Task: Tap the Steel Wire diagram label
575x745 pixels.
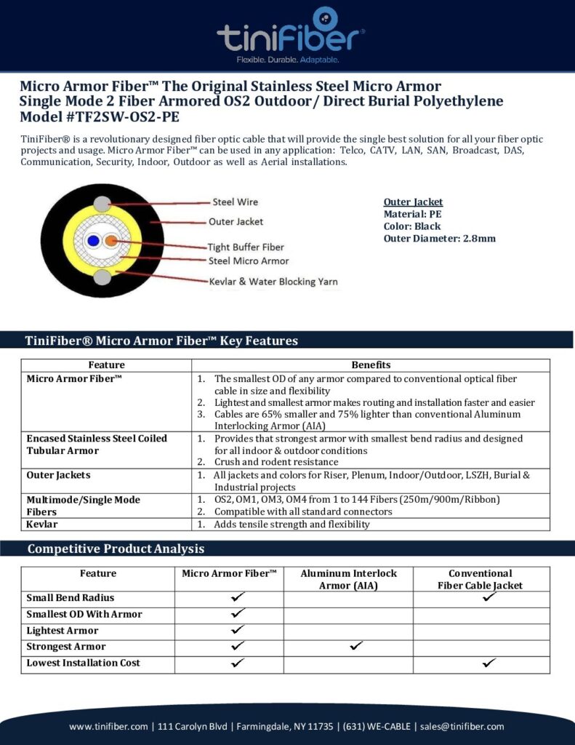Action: tap(235, 202)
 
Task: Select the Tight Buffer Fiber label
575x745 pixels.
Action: tap(246, 247)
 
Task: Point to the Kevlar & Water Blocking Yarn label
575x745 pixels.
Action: tap(273, 282)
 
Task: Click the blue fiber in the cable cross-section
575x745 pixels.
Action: tap(92, 241)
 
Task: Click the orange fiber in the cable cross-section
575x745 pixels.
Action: tap(110, 241)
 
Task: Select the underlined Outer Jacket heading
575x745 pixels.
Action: tap(413, 202)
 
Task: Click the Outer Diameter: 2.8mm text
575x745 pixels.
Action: tap(439, 239)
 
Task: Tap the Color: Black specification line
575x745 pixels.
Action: tap(412, 226)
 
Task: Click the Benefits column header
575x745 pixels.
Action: tap(371, 364)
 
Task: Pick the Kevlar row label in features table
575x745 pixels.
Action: tap(42, 524)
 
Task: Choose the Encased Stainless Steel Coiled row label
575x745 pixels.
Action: tap(97, 438)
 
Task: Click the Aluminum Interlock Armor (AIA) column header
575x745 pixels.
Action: tap(348, 579)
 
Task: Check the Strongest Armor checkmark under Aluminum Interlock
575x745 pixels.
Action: tap(355, 646)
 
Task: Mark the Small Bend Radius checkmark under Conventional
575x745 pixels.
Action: tap(489, 597)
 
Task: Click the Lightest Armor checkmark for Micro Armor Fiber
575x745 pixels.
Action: tap(238, 630)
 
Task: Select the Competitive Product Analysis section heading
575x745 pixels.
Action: tap(116, 549)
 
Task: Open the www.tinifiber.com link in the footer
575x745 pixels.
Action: tap(110, 726)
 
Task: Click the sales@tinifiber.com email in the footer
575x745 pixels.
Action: tap(462, 726)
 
